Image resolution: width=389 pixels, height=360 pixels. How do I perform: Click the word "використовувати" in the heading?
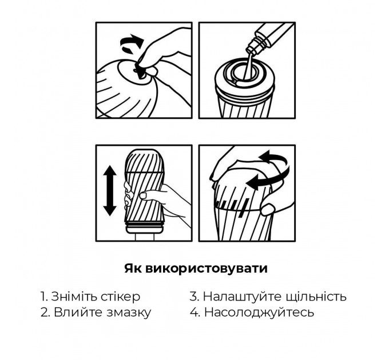pyautogui.click(x=206, y=269)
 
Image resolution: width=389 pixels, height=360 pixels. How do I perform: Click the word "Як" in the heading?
pyautogui.click(x=133, y=269)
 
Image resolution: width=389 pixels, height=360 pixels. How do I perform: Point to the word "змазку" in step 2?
pyautogui.click(x=129, y=313)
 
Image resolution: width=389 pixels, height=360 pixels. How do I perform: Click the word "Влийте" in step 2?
pyautogui.click(x=78, y=312)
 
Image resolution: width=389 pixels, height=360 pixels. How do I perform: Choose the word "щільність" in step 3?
pyautogui.click(x=316, y=297)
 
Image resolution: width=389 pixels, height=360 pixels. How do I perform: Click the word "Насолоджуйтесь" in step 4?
pyautogui.click(x=259, y=313)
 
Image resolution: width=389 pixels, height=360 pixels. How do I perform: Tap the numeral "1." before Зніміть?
pyautogui.click(x=45, y=297)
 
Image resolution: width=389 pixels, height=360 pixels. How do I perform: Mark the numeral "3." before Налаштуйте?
pyautogui.click(x=194, y=297)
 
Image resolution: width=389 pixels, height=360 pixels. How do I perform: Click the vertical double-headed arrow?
pyautogui.click(x=110, y=191)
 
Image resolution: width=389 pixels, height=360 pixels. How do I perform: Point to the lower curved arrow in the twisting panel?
pyautogui.click(x=269, y=179)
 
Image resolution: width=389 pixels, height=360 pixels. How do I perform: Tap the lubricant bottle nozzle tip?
pyautogui.click(x=250, y=51)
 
